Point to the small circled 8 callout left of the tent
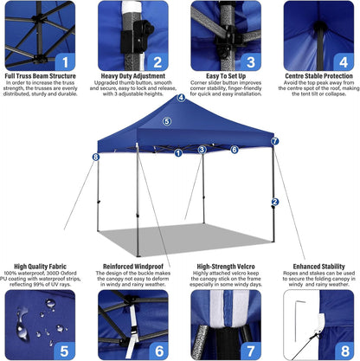pos(95,157)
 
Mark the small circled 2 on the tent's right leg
pos(274,202)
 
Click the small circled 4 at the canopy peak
pos(181,98)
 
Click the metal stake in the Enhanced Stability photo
pos(299,321)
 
